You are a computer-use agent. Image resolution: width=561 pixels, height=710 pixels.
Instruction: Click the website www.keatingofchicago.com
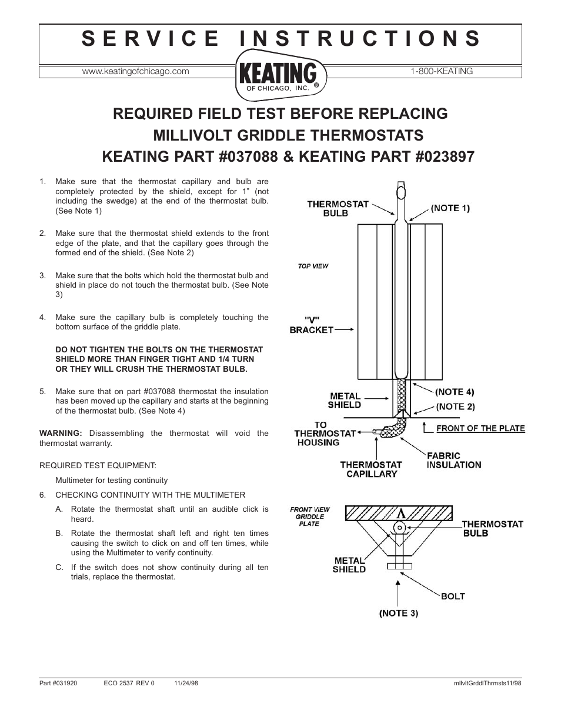coord(135,71)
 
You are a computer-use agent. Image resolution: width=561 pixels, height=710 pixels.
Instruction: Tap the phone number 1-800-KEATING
coord(442,71)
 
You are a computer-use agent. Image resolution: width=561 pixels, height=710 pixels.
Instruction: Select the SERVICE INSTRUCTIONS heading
coord(280,38)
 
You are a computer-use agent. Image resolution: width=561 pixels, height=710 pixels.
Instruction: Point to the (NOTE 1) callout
coord(450,208)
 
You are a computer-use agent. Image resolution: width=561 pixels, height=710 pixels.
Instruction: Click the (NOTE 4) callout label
coord(455,391)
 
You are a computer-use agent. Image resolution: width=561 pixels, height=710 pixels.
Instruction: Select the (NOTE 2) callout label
coord(455,406)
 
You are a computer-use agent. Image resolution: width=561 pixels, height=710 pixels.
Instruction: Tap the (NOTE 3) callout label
coord(398,613)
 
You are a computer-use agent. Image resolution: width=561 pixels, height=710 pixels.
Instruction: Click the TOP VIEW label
coord(313,266)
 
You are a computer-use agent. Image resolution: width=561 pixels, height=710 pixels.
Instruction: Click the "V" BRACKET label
coord(311,325)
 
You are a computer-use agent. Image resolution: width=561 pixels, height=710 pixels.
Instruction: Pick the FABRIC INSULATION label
coord(453,460)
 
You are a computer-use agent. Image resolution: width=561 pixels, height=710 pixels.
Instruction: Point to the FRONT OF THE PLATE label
coord(480,428)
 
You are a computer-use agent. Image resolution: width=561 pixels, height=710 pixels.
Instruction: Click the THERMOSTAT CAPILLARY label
coord(370,469)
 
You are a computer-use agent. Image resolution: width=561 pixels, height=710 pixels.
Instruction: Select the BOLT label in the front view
coord(453,596)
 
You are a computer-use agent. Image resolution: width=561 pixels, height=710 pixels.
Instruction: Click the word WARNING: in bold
coord(59,433)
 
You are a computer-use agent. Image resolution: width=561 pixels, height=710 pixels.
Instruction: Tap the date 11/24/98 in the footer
coord(186,684)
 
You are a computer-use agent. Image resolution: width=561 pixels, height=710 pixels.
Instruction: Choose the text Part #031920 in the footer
coord(58,684)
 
